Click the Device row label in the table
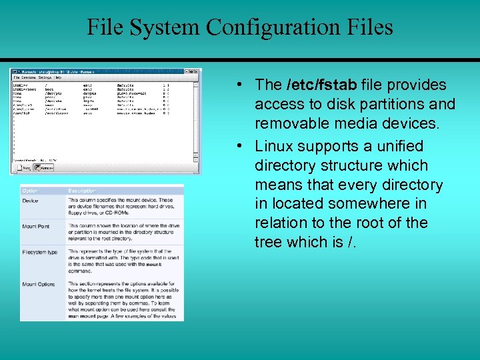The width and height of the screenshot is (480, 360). (30, 201)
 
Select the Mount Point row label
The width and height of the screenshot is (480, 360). (35, 226)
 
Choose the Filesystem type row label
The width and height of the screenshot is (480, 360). (40, 252)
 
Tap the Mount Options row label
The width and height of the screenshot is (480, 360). (39, 284)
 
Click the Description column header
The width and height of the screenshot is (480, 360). (82, 191)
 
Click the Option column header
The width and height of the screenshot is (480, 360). (31, 191)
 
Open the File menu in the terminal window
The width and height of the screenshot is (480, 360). (16, 77)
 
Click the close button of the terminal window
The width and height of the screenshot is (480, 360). (197, 70)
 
